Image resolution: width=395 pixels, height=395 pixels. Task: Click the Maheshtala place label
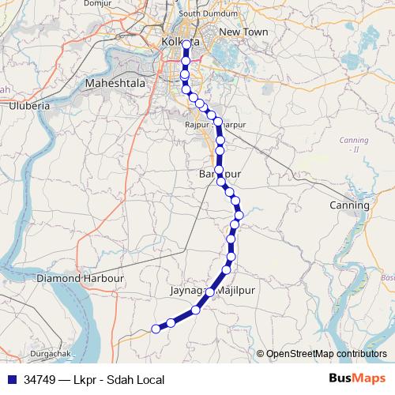pyautogui.click(x=117, y=81)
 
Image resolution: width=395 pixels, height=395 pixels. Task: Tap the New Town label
pyautogui.click(x=243, y=32)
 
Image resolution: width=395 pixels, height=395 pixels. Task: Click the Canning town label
pyautogui.click(x=348, y=205)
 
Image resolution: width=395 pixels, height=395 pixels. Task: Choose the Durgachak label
pyautogui.click(x=48, y=353)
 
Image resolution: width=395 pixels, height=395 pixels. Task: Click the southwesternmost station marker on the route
pyautogui.click(x=156, y=329)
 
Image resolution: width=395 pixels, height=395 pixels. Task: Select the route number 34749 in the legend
pyautogui.click(x=39, y=380)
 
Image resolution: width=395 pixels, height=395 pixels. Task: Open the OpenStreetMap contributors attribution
pyautogui.click(x=325, y=354)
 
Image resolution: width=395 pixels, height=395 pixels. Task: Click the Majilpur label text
pyautogui.click(x=239, y=291)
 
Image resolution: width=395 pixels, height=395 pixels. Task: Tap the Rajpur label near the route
pyautogui.click(x=195, y=125)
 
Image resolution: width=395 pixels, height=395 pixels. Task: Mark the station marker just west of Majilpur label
pyautogui.click(x=209, y=292)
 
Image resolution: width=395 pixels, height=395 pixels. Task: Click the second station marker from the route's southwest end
pyautogui.click(x=171, y=322)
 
